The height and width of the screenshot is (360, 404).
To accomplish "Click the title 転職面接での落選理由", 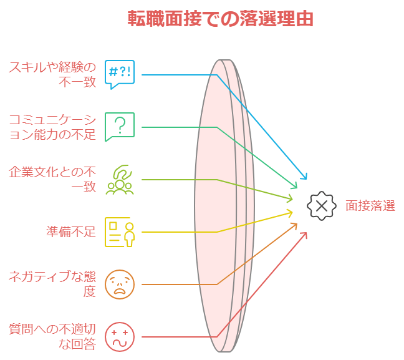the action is [x=221, y=19].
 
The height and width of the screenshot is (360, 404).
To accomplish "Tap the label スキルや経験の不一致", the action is [x=52, y=74].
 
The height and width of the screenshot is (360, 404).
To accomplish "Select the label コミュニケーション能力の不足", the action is [x=52, y=127].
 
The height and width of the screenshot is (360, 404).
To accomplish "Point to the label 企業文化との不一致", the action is [x=52, y=180].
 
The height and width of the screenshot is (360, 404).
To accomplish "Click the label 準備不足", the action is [x=71, y=232].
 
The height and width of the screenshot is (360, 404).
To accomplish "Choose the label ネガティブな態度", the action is [x=52, y=284].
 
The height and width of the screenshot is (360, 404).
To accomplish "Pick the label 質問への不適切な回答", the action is [x=52, y=336].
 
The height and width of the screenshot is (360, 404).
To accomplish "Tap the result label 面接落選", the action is [x=370, y=206].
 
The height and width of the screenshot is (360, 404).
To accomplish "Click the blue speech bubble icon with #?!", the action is [x=120, y=75].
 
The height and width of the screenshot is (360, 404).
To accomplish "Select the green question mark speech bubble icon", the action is [x=120, y=127].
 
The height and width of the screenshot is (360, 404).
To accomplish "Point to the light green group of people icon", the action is [x=120, y=180].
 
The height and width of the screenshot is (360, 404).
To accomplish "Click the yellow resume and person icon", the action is [x=120, y=232].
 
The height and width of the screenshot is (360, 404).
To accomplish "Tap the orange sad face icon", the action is [x=120, y=285].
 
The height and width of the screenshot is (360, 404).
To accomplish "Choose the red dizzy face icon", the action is [x=120, y=337].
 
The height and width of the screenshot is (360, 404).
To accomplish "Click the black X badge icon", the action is [x=322, y=206].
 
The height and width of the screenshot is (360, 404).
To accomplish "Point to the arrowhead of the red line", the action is [x=304, y=235].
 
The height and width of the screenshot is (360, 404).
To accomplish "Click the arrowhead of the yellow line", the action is [x=291, y=213].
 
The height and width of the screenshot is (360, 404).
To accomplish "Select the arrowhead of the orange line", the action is [x=296, y=225].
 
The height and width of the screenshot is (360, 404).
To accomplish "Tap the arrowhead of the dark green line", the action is [x=296, y=186].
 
